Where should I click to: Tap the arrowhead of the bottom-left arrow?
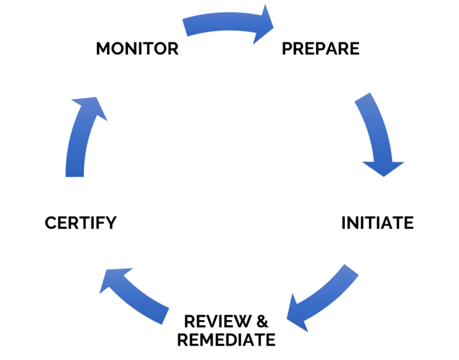[x=109, y=281]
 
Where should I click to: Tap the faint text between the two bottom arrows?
[x=224, y=322]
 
